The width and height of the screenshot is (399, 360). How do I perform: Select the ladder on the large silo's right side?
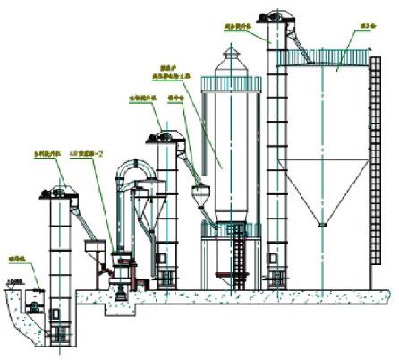tap(372, 170)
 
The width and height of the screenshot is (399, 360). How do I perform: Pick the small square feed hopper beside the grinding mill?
tap(92, 246)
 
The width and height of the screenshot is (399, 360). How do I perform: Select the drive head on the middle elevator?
tap(165, 136)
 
